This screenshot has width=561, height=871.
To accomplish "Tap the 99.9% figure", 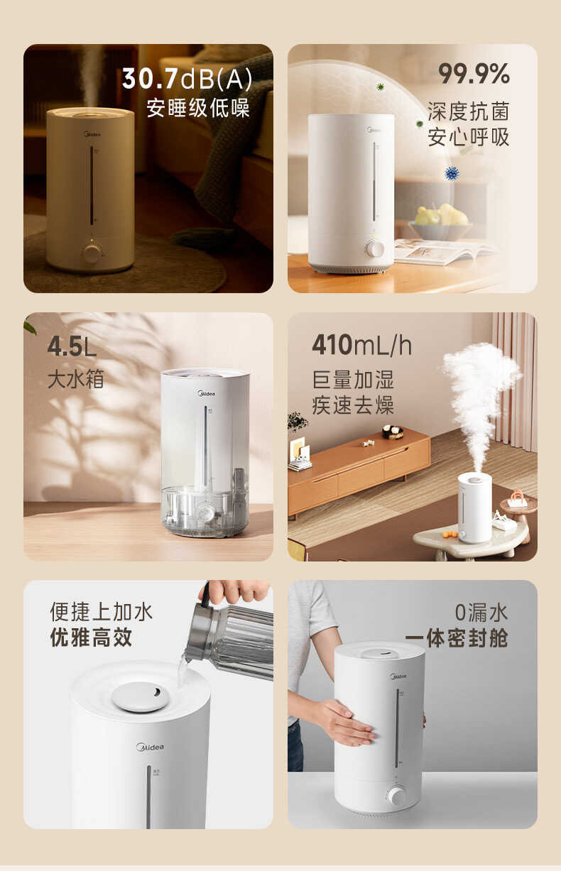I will [x=474, y=74].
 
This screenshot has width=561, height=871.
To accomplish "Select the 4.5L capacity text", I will [x=72, y=347].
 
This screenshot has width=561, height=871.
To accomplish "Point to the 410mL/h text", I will [x=361, y=346].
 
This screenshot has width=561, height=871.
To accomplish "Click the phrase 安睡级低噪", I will [x=198, y=109].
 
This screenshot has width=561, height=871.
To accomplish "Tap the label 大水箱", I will [x=75, y=378].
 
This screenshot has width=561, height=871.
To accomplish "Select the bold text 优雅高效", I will [x=91, y=637].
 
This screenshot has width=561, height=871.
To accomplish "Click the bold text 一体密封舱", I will [x=457, y=637].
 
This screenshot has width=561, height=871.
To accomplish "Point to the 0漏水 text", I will [x=481, y=612].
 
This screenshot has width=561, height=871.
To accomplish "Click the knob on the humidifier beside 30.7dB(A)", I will [x=91, y=253].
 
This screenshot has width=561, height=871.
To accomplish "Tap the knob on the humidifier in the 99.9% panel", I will [x=375, y=248].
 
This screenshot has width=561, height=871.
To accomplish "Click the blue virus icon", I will [x=452, y=172].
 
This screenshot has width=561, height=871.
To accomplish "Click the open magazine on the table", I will [x=444, y=250].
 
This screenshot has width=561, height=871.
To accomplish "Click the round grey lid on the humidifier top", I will [x=141, y=696].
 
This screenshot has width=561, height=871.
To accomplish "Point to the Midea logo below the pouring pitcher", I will [x=150, y=747].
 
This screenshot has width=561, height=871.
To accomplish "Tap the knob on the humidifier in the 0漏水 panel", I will [x=397, y=796].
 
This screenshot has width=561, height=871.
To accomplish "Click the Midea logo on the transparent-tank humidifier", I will [x=206, y=393].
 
